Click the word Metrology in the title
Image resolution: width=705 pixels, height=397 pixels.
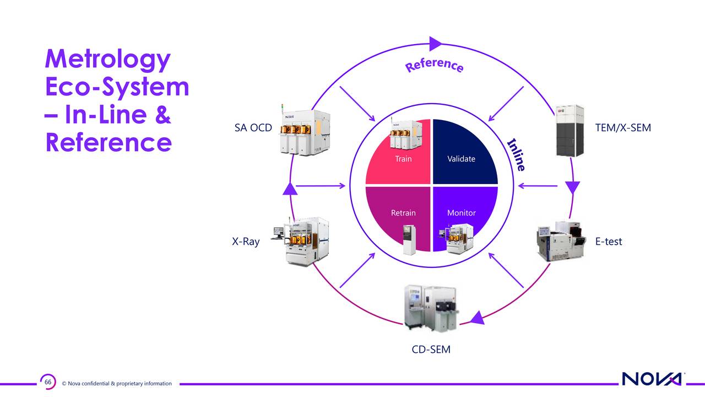click(x=107, y=60)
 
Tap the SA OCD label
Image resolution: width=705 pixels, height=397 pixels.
click(x=253, y=128)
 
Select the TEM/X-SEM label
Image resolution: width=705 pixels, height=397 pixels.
click(x=623, y=128)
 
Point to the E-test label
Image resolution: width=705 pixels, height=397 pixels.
click(x=609, y=242)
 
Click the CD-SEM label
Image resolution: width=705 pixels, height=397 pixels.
click(x=431, y=350)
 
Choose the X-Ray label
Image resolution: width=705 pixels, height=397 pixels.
click(x=246, y=242)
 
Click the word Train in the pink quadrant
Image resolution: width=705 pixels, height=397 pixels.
click(x=403, y=159)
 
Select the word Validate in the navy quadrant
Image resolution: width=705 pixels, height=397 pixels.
click(x=461, y=159)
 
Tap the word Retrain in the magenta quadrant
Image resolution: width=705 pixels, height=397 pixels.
click(x=403, y=213)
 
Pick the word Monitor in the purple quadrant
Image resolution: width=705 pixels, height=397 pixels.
click(x=462, y=213)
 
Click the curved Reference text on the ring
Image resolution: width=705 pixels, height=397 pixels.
click(x=434, y=65)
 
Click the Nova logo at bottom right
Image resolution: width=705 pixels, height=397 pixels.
click(x=652, y=379)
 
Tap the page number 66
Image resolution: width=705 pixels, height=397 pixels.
click(x=48, y=382)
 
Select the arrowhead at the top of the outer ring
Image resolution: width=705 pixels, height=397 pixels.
click(x=435, y=44)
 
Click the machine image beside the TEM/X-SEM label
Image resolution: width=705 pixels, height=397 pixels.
click(x=570, y=130)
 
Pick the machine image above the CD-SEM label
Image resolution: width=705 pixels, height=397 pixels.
click(x=431, y=308)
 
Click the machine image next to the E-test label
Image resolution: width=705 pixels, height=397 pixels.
click(x=562, y=240)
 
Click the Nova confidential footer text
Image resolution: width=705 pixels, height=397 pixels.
click(x=117, y=384)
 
